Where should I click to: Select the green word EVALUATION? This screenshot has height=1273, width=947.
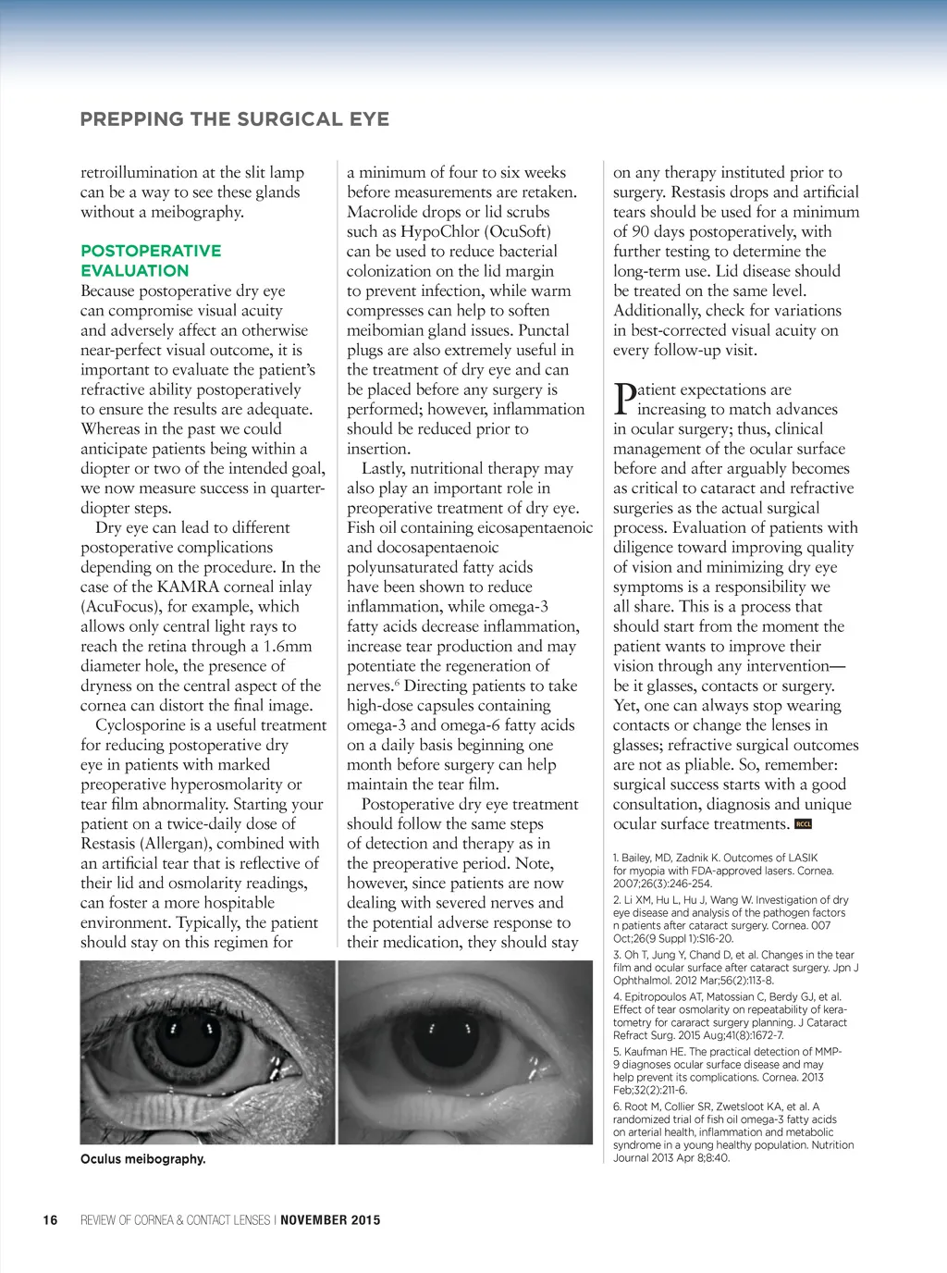coord(135,271)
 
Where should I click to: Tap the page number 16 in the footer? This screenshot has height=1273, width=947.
coord(50,1220)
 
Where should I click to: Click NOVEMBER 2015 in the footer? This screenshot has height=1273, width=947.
coord(330,1220)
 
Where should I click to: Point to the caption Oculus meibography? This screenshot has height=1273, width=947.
coord(143,1159)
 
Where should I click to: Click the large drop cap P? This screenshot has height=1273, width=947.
coord(625,399)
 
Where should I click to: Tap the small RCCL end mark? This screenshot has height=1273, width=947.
coord(803,824)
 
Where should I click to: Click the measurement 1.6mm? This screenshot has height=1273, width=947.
coord(288,646)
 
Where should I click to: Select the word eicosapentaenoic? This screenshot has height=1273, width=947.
coord(534,527)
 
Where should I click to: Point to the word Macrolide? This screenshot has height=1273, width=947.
coord(382,212)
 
